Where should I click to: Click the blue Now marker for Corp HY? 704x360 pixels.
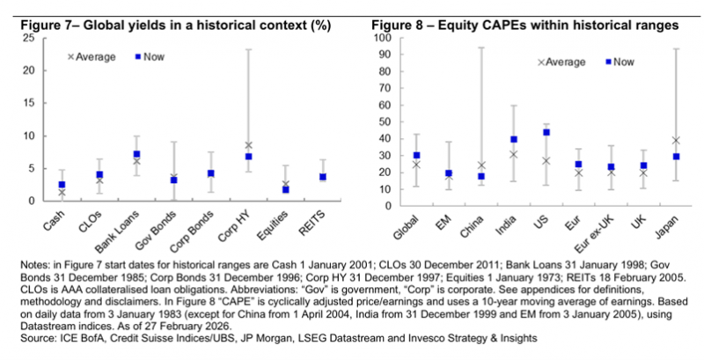(x=249, y=157)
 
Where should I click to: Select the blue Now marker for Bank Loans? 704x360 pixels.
(x=136, y=154)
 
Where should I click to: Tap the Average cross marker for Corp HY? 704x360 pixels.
(x=249, y=145)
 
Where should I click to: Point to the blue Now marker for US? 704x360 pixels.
(x=546, y=132)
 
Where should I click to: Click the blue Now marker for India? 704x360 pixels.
(x=514, y=139)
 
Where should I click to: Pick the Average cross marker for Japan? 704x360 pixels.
(x=676, y=140)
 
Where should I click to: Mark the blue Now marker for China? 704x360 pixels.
(x=481, y=176)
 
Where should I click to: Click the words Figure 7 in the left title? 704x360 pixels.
(x=42, y=25)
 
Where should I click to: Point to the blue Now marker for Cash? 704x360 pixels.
(x=62, y=185)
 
